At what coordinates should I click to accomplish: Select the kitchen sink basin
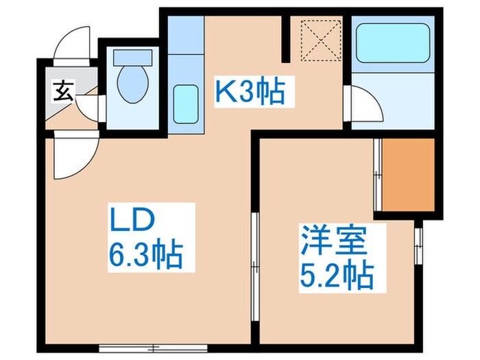[184, 101]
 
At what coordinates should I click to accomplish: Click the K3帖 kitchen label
[250, 91]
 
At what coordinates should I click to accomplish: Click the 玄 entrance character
[64, 91]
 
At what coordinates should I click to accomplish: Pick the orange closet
[409, 175]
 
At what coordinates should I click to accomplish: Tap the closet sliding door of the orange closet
[376, 174]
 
